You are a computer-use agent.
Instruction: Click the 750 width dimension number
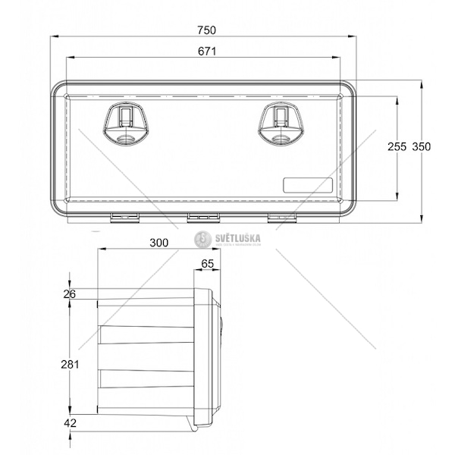(x=206, y=30)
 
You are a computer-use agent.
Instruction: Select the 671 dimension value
(x=208, y=52)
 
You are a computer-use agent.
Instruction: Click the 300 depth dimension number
(x=158, y=243)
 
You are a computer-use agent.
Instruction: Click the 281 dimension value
(x=70, y=364)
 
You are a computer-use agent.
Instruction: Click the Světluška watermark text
(x=238, y=237)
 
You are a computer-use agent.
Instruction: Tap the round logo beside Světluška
(x=202, y=239)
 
